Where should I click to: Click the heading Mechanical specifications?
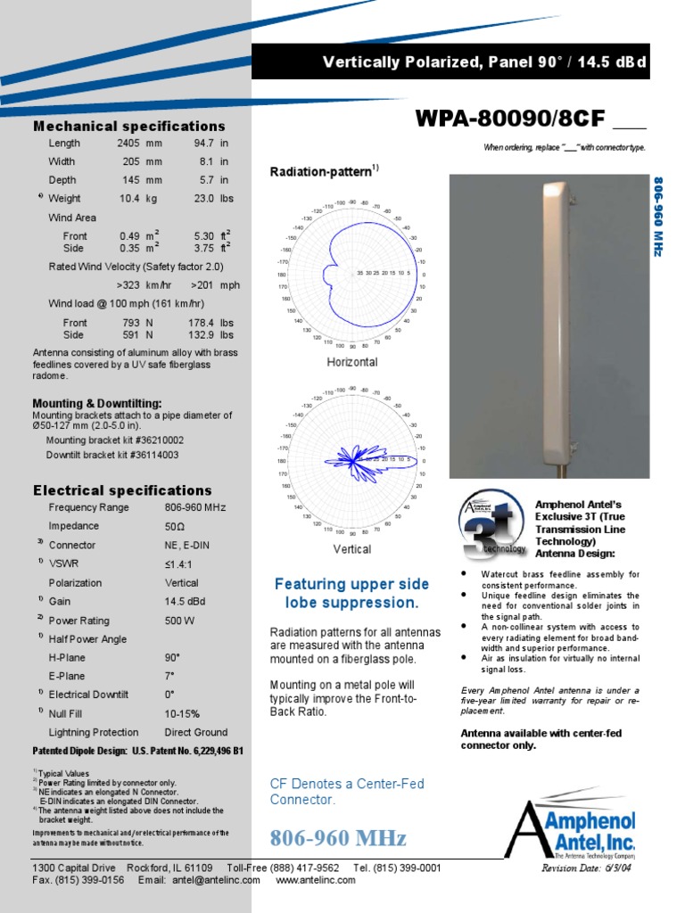[129, 126]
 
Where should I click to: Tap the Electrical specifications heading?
[122, 490]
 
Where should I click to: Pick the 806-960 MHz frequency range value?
[195, 507]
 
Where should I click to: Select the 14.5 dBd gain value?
[185, 601]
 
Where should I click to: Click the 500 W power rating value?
[178, 620]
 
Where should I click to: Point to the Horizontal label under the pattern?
[351, 362]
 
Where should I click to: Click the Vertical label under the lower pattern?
[351, 549]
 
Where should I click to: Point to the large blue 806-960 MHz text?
[338, 838]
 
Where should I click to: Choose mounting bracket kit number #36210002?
[115, 440]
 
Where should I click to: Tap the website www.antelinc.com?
[316, 880]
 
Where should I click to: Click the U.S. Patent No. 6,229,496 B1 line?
[138, 751]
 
